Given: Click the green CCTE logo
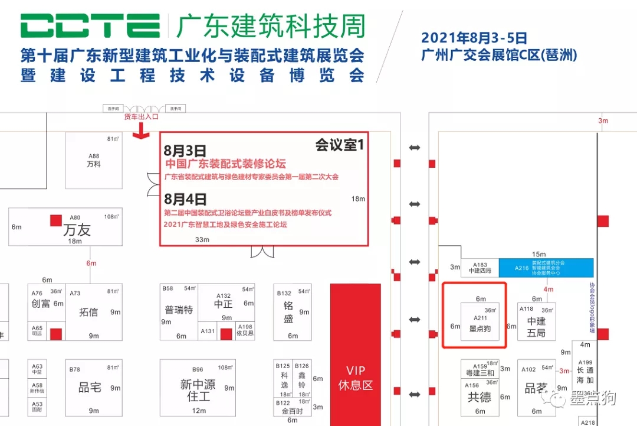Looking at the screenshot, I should click(90, 27).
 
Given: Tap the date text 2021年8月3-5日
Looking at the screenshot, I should click(474, 38).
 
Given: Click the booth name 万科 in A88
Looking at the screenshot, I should click(94, 164).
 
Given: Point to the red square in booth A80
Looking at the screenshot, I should click(56, 220).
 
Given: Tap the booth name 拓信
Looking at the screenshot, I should click(88, 311).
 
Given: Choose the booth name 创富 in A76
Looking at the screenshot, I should click(40, 304).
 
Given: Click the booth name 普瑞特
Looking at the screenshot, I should click(179, 310).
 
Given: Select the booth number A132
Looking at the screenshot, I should click(224, 295).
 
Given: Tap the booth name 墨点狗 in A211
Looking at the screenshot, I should click(480, 329).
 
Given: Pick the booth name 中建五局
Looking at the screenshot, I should click(536, 327).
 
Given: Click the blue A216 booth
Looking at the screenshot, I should click(546, 268).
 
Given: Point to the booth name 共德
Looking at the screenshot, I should click(480, 397).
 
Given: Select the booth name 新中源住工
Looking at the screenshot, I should click(198, 391).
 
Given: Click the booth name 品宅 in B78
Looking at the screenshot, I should click(90, 388).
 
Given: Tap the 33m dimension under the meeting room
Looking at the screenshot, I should click(202, 240).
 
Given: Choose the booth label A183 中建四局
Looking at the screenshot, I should click(480, 268).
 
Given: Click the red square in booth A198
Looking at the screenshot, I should click(226, 334).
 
